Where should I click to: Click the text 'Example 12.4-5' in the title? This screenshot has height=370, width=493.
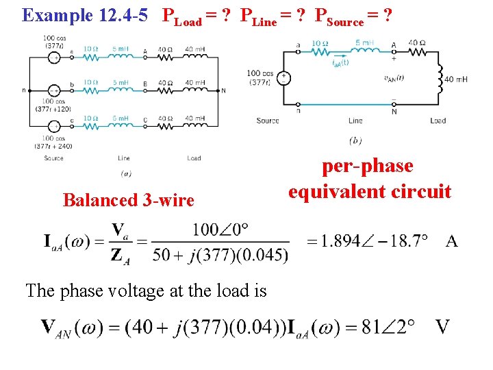pyautogui.click(x=85, y=15)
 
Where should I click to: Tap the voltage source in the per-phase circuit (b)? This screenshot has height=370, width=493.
pyautogui.click(x=283, y=77)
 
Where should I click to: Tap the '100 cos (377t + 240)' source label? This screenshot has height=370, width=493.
pyautogui.click(x=53, y=141)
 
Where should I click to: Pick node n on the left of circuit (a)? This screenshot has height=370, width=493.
pyautogui.click(x=24, y=90)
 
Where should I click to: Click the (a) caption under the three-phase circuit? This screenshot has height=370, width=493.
pyautogui.click(x=126, y=174)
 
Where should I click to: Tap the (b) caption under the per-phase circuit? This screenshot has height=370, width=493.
pyautogui.click(x=355, y=140)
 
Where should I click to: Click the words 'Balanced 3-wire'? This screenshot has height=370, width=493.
pyautogui.click(x=128, y=200)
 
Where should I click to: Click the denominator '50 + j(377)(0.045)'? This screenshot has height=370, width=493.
pyautogui.click(x=220, y=255)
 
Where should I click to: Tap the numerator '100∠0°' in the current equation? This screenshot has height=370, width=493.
pyautogui.click(x=220, y=229)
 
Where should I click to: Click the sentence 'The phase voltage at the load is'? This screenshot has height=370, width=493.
pyautogui.click(x=146, y=291)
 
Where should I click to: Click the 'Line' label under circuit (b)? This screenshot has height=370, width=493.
pyautogui.click(x=355, y=121)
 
